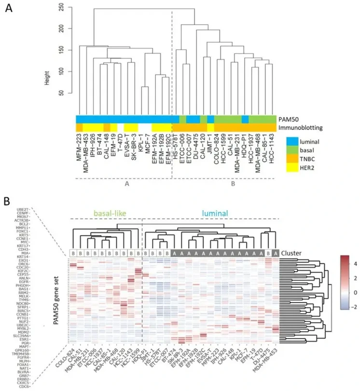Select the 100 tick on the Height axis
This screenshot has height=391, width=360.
click(x=61, y=71)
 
